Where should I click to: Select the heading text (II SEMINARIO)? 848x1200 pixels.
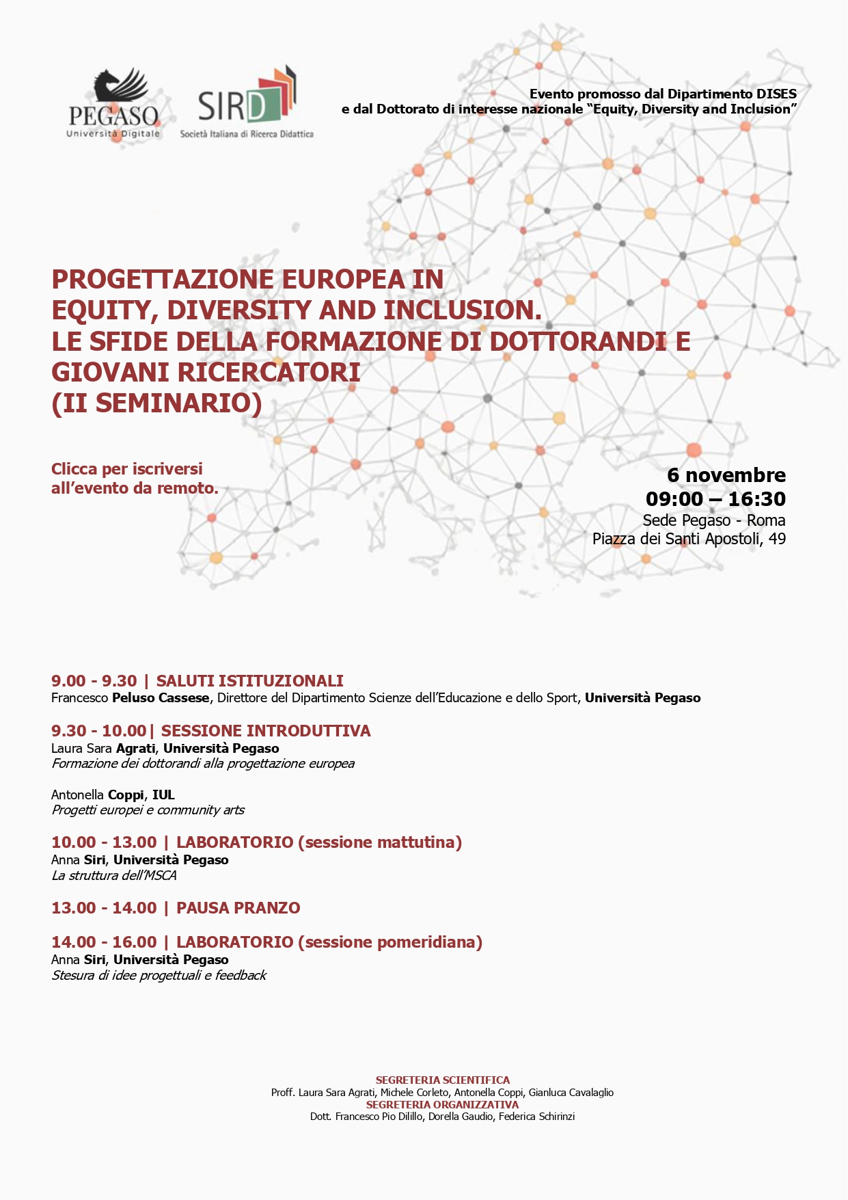point(156,403)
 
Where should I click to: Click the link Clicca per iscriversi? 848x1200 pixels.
point(127,469)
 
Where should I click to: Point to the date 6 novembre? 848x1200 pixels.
point(726,475)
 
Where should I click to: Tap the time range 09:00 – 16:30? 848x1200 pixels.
point(715,498)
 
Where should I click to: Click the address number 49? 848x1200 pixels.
point(777,539)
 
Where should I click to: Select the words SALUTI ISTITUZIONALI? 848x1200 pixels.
point(249,681)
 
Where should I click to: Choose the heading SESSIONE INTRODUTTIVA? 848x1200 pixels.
point(266,731)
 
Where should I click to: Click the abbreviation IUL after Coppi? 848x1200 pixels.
point(163,795)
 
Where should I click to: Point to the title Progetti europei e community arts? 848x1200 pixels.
point(148,810)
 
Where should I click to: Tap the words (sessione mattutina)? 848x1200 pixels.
point(380,842)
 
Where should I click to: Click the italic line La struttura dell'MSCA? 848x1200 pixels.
point(114,876)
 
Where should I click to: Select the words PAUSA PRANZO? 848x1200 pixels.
point(238,908)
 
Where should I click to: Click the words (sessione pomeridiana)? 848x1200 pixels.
point(390,942)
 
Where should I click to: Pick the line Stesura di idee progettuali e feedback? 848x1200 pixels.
point(159,976)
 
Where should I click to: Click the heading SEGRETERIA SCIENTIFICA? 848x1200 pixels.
point(442,1080)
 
